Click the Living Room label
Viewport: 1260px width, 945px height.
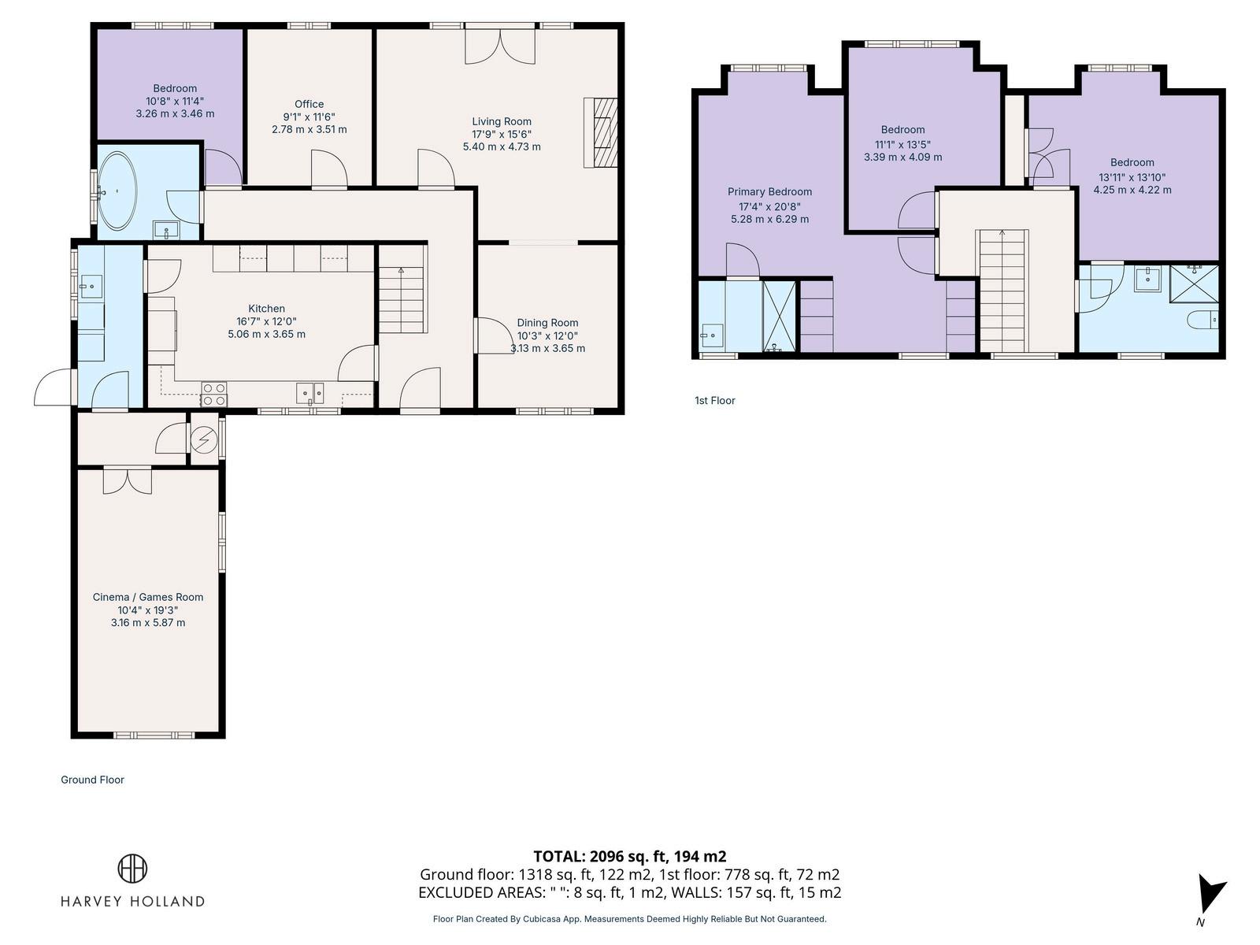501,121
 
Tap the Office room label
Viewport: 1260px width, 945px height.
309,104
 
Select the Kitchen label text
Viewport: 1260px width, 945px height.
266,309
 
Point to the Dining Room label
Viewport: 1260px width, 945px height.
547,322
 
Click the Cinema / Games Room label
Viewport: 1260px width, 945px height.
148,597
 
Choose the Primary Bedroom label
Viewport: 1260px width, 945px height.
769,191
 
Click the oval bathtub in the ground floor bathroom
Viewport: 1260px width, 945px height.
117,191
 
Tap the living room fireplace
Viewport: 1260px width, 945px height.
601,132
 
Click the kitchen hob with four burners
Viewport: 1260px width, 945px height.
214,395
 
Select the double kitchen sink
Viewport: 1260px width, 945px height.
310,393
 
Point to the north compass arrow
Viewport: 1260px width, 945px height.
1210,895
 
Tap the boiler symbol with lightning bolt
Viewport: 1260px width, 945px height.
204,440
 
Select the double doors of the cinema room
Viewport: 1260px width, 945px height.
128,481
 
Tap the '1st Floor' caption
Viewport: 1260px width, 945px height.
715,401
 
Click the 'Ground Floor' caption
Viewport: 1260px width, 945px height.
92,780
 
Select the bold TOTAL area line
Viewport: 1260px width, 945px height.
630,856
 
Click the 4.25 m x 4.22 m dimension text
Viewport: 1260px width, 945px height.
1132,190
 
